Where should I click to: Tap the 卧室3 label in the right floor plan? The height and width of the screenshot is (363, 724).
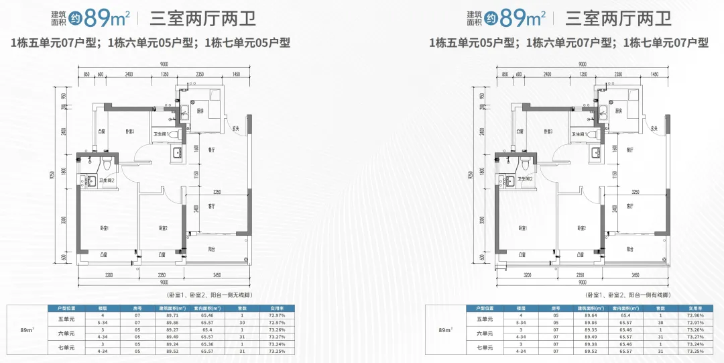coord(548,131)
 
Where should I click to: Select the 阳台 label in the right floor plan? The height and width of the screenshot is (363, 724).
coord(629,248)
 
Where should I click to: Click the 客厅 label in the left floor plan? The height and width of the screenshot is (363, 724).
coord(211,206)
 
